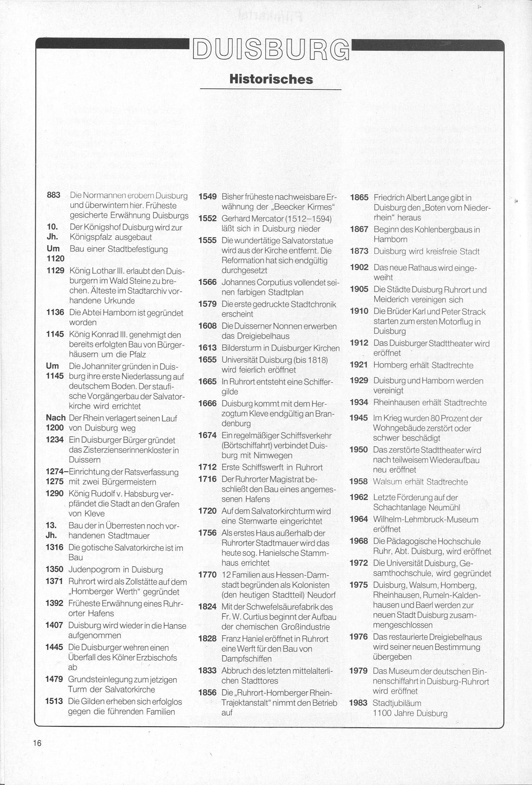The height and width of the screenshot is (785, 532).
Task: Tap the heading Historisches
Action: tap(271, 79)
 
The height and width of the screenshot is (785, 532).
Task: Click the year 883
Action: tap(53, 195)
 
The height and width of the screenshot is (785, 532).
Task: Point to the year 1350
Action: tap(55, 569)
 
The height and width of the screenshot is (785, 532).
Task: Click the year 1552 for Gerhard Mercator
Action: tap(207, 218)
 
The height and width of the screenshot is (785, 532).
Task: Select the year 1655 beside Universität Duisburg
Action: tap(207, 359)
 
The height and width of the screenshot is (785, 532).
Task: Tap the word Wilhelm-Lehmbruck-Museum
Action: tap(426, 520)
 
